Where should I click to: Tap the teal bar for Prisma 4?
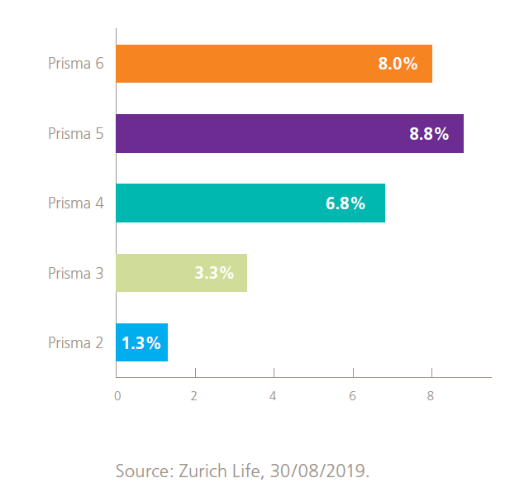[x=215, y=203]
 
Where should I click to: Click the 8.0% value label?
[x=398, y=64]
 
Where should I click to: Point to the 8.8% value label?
[x=429, y=134]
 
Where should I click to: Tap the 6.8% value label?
[x=346, y=203]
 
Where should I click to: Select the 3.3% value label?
[x=214, y=273]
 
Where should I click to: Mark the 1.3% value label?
[x=141, y=342]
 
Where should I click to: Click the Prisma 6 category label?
[x=75, y=64]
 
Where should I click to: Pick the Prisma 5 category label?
[x=75, y=133]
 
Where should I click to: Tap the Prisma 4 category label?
[x=75, y=203]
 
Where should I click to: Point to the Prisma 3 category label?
[x=75, y=273]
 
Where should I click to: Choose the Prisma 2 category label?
[x=75, y=342]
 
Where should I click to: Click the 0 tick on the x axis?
[x=117, y=396]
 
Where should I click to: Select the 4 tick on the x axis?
[x=273, y=396]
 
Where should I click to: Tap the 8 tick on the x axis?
[x=431, y=396]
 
